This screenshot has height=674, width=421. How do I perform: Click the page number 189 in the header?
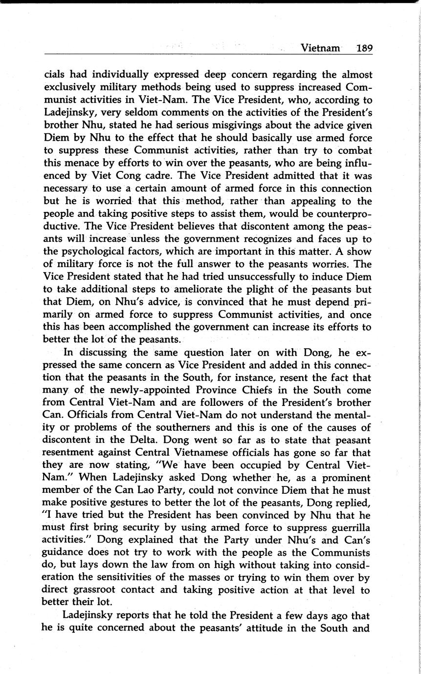(x=364, y=48)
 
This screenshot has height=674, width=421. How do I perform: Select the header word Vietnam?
(x=320, y=48)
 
